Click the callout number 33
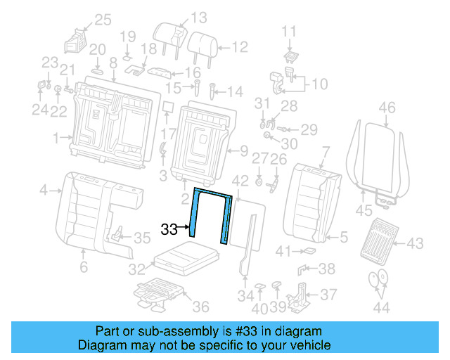[169, 229]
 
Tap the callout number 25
[103, 20]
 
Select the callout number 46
[387, 108]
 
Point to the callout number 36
[200, 307]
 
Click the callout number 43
[415, 243]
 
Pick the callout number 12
[240, 47]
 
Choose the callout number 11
[290, 31]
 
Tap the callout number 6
[83, 267]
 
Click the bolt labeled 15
[197, 90]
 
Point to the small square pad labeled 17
[167, 107]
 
